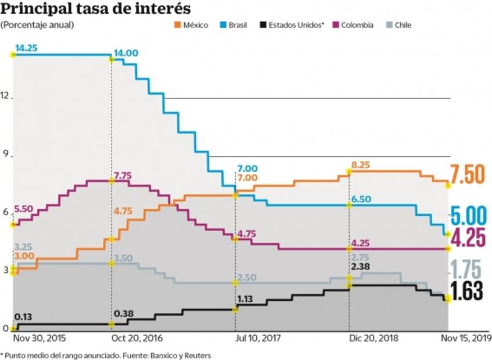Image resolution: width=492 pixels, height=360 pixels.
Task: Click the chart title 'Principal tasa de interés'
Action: pyautogui.click(x=96, y=9)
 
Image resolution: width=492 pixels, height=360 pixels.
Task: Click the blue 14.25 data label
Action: pyautogui.click(x=26, y=48)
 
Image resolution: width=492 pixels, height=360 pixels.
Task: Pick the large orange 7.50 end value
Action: pyautogui.click(x=467, y=174)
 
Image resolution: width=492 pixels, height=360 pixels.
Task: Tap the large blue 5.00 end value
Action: pyautogui.click(x=468, y=216)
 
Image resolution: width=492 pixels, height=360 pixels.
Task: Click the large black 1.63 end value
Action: pyautogui.click(x=467, y=291)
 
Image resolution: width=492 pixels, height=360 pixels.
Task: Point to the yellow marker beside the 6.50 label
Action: pyautogui.click(x=349, y=205)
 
